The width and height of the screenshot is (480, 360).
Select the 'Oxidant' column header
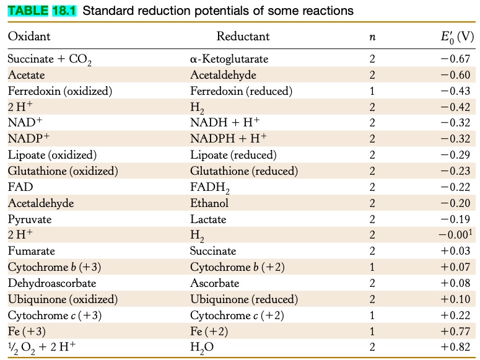[x=29, y=37]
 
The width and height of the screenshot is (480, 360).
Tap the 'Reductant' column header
[x=243, y=37]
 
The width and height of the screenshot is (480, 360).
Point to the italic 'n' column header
[x=372, y=37]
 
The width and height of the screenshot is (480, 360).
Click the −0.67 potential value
[x=457, y=60]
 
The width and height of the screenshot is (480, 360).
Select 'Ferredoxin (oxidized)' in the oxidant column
[x=59, y=91]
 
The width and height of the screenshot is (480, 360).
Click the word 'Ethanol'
[x=209, y=203]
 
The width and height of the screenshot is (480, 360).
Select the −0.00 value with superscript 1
[x=455, y=235]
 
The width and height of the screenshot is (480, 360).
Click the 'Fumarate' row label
[x=31, y=251]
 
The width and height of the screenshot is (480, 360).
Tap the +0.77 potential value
[x=457, y=331]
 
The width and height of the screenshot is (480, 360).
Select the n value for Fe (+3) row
[x=372, y=331]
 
